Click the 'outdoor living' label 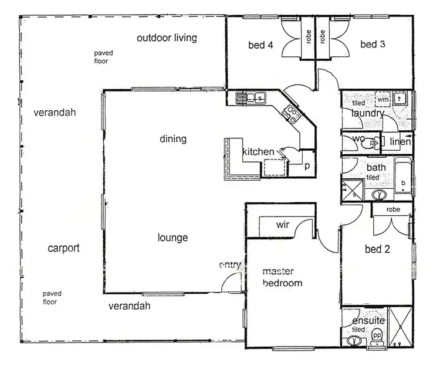pyautogui.click(x=167, y=38)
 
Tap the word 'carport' pyautogui.click(x=63, y=248)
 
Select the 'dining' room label pyautogui.click(x=173, y=139)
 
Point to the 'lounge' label pyautogui.click(x=173, y=238)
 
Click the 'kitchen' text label pyautogui.click(x=258, y=152)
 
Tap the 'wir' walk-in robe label pyautogui.click(x=284, y=224)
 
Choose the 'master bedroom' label pyautogui.click(x=282, y=277)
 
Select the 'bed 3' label pyautogui.click(x=372, y=45)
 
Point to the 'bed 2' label pyautogui.click(x=377, y=249)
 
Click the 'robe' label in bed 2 pyautogui.click(x=393, y=209)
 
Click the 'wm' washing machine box pyautogui.click(x=383, y=100)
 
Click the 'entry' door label pyautogui.click(x=230, y=265)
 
